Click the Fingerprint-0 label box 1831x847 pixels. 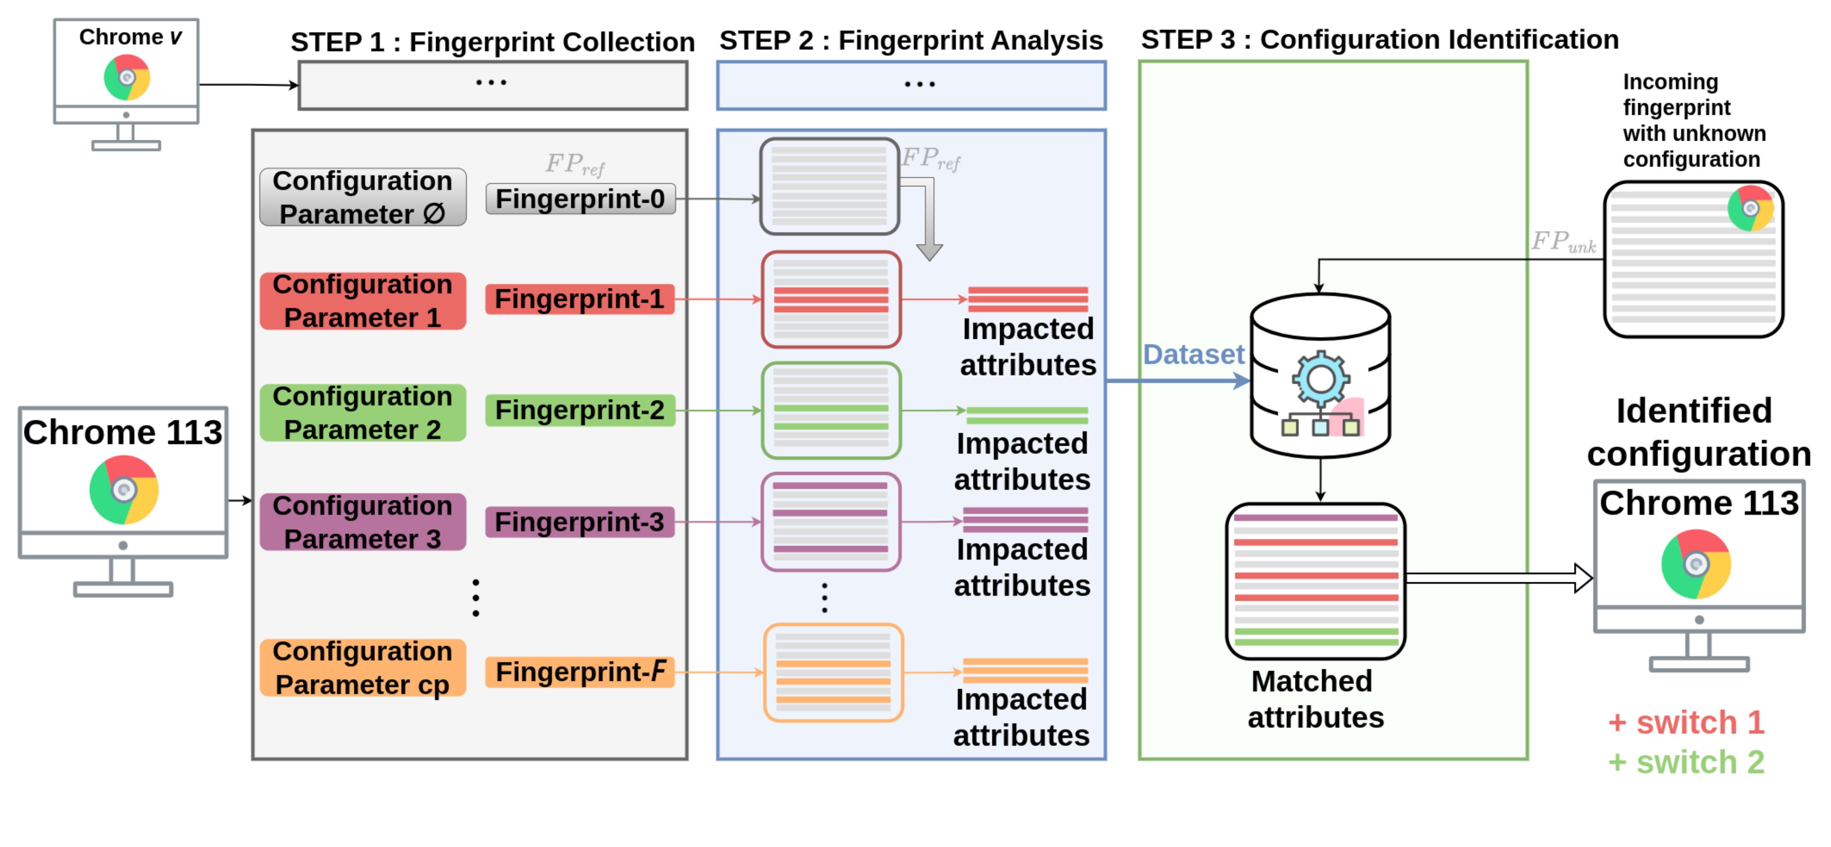(x=580, y=199)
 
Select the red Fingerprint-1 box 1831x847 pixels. (x=580, y=299)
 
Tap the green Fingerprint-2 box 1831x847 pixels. (x=580, y=410)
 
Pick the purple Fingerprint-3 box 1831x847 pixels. (x=580, y=522)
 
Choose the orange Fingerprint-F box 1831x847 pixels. (x=580, y=671)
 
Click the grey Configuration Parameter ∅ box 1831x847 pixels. (x=362, y=197)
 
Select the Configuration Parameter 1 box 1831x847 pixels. (x=362, y=301)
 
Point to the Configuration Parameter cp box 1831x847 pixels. (x=362, y=668)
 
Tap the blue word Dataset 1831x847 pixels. (x=1193, y=354)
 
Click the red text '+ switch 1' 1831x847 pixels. (x=1686, y=723)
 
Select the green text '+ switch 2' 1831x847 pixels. (x=1686, y=762)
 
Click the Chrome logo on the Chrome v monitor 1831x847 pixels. (x=127, y=77)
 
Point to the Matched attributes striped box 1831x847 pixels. (x=1316, y=581)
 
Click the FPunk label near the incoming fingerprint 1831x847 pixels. (x=1563, y=242)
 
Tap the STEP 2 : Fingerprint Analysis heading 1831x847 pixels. (x=911, y=41)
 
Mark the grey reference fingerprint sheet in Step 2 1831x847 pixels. (x=830, y=186)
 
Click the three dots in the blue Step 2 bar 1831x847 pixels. (x=919, y=85)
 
